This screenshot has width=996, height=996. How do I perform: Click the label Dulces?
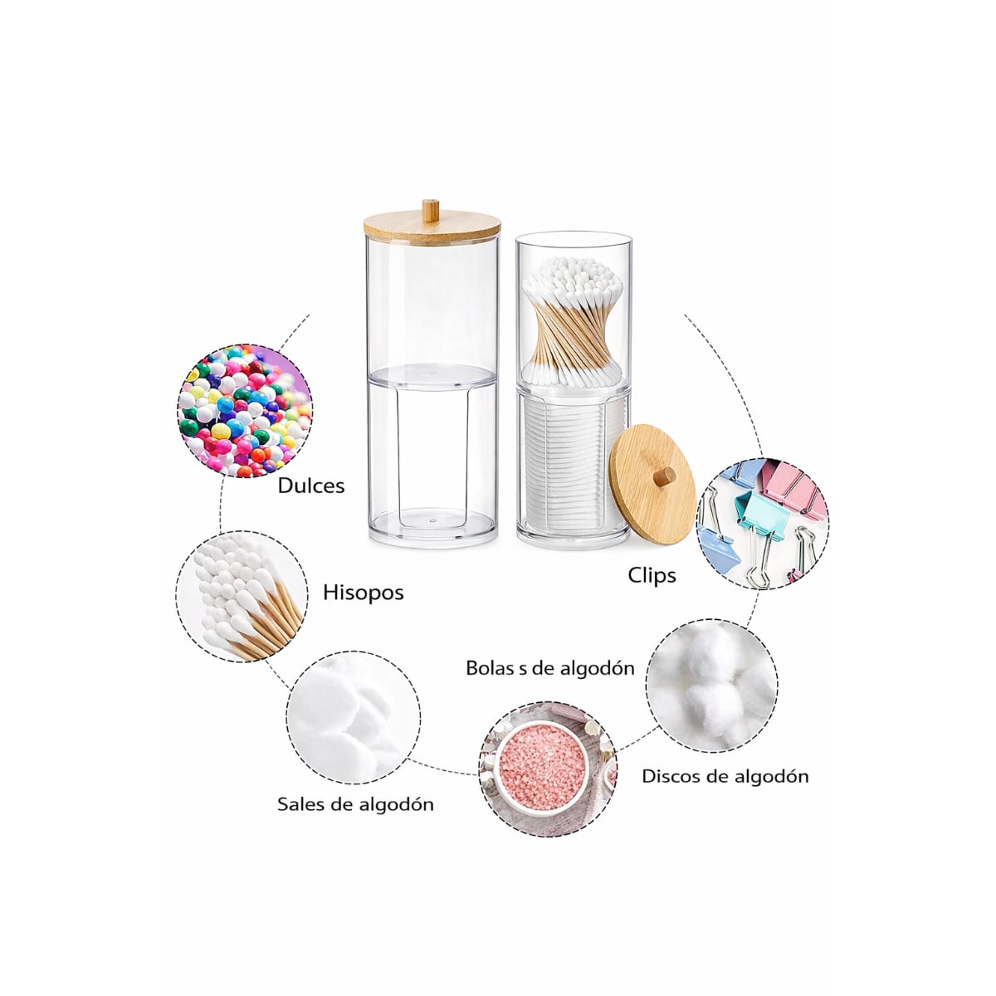pyautogui.click(x=310, y=486)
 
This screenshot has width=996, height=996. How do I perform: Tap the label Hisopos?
pyautogui.click(x=363, y=593)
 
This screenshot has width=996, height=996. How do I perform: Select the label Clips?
pyautogui.click(x=652, y=575)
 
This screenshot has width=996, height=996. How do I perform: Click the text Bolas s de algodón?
pyautogui.click(x=550, y=668)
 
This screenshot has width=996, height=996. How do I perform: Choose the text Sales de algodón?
pyautogui.click(x=355, y=804)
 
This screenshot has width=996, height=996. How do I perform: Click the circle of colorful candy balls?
pyautogui.click(x=245, y=411)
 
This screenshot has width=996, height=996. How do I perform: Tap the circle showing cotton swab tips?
pyautogui.click(x=242, y=597)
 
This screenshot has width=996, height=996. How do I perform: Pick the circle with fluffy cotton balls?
pyautogui.click(x=711, y=686)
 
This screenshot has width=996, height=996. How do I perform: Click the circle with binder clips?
pyautogui.click(x=763, y=524)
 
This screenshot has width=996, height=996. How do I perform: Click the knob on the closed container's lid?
pyautogui.click(x=431, y=210)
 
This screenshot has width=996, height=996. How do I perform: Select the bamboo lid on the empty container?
pyautogui.click(x=432, y=226)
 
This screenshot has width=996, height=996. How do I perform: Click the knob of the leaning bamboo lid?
pyautogui.click(x=665, y=476)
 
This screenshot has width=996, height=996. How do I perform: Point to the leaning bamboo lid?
pyautogui.click(x=653, y=484)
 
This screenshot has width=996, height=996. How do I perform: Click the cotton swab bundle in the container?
pyautogui.click(x=573, y=322)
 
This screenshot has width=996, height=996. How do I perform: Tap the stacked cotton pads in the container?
pyautogui.click(x=569, y=462)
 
